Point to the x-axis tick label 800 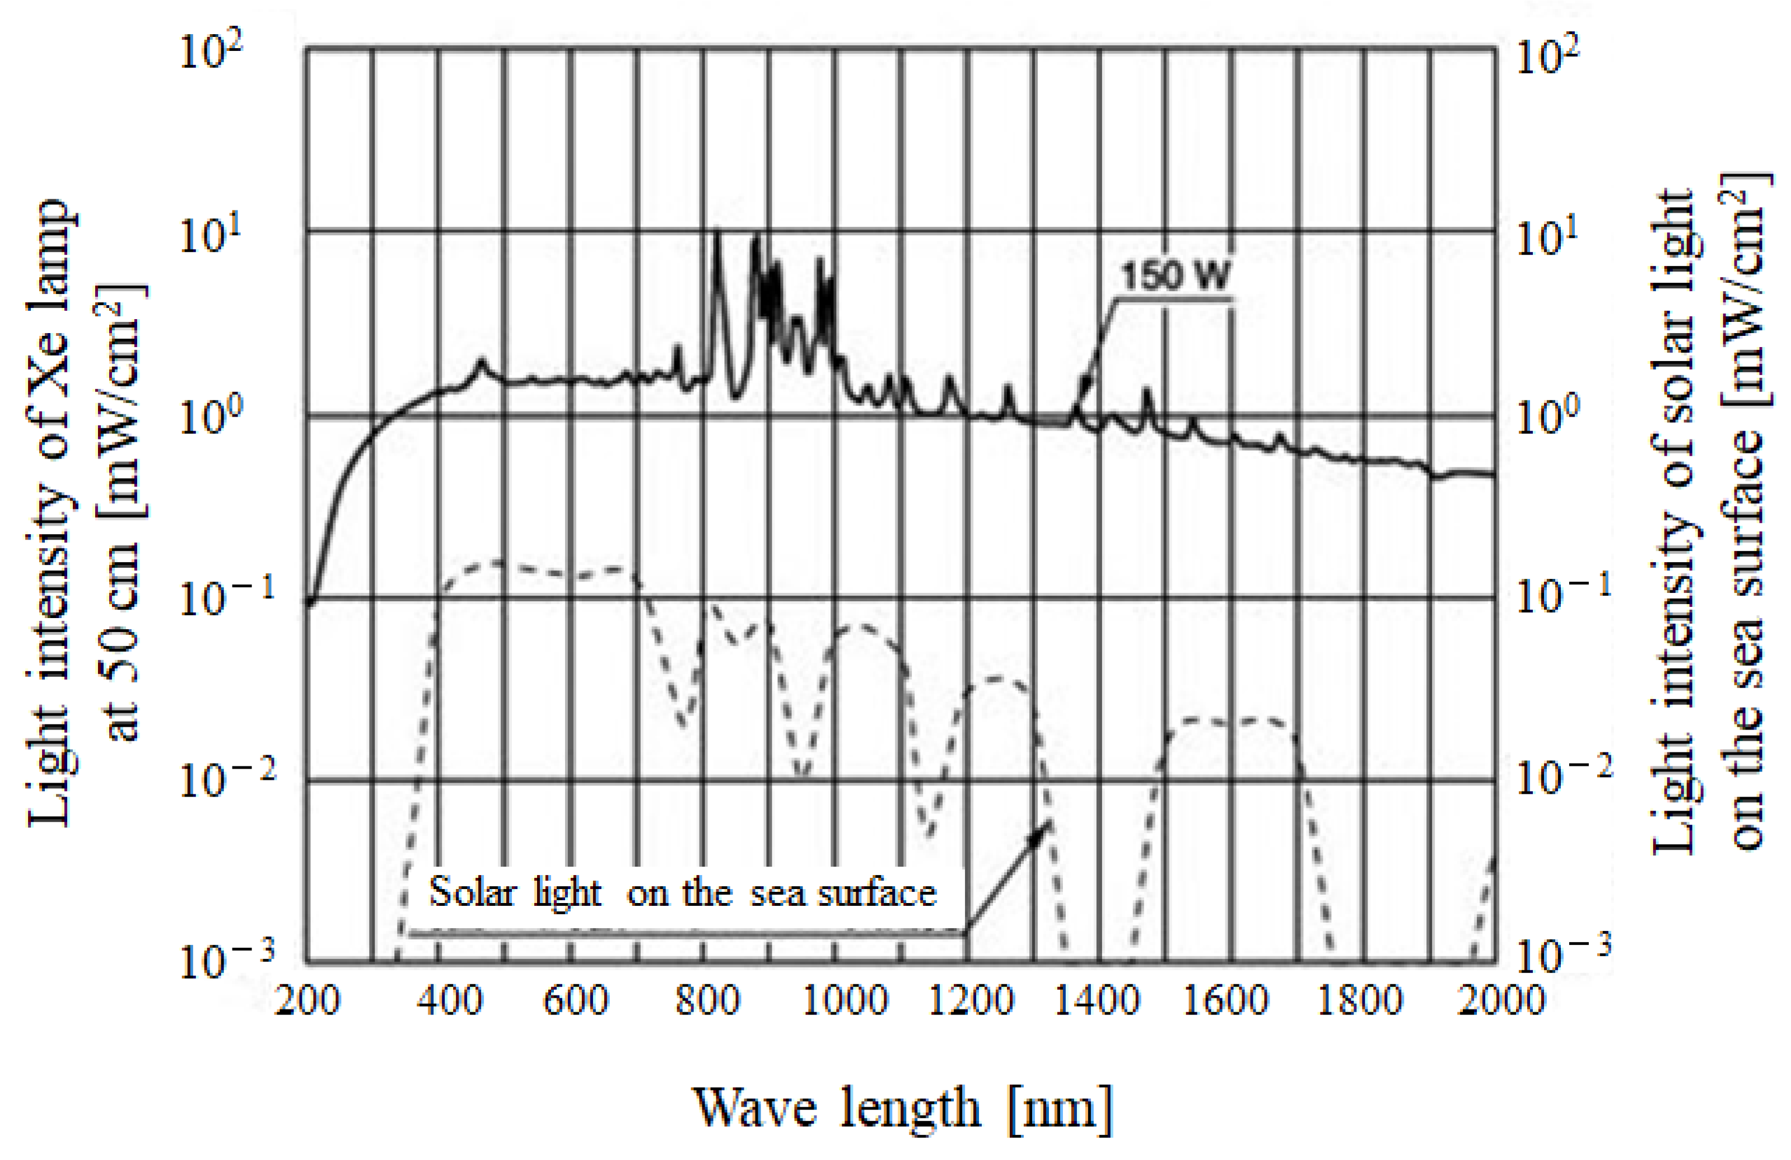coord(707,1001)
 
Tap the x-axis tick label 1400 coord(1097,1001)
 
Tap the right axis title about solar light coord(1708,519)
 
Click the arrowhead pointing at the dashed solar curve coord(1042,830)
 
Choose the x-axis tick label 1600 coord(1226,1001)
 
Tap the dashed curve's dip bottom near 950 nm coord(802,771)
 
